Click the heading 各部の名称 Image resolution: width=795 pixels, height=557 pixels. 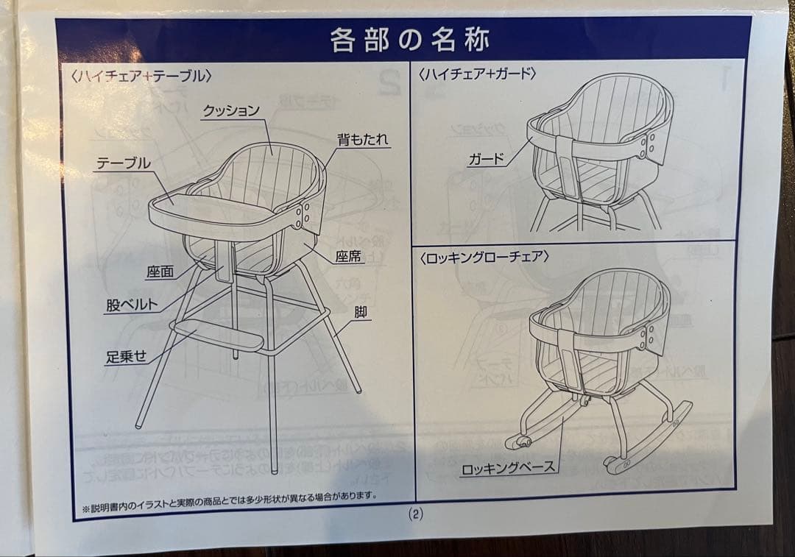(x=409, y=39)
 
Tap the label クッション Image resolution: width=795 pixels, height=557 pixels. (x=231, y=111)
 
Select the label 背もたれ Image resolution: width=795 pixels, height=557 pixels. (x=362, y=140)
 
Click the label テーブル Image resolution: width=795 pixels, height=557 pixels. (x=123, y=163)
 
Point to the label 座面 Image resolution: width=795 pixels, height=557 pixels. (x=160, y=272)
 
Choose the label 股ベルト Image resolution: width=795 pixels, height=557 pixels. (x=132, y=305)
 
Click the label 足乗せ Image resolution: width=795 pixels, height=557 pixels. (x=126, y=357)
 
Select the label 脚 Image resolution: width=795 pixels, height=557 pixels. (x=360, y=312)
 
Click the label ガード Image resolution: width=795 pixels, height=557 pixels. (x=486, y=159)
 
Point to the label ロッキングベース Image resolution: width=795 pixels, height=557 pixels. (x=508, y=467)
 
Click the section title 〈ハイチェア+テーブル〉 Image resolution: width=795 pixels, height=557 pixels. (x=142, y=74)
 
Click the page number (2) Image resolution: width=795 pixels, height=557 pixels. (x=415, y=514)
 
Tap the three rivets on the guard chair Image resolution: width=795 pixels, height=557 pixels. (x=649, y=146)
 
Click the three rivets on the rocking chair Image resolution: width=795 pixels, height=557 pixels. (x=647, y=338)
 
